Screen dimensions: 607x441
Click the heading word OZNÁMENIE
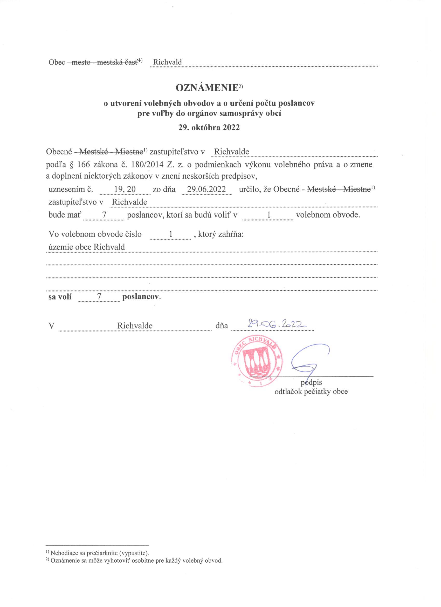(206, 87)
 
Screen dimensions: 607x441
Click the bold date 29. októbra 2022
(209, 127)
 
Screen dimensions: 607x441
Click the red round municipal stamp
(257, 362)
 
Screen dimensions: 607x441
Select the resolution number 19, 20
(125, 189)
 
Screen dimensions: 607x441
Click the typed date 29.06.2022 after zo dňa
(206, 189)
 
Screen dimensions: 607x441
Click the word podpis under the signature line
(311, 382)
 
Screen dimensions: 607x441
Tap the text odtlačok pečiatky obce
(311, 391)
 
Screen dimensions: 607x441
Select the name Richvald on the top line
(167, 62)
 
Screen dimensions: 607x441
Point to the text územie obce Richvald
(87, 246)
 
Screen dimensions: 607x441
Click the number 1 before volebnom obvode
(269, 215)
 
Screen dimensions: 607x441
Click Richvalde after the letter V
(135, 326)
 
